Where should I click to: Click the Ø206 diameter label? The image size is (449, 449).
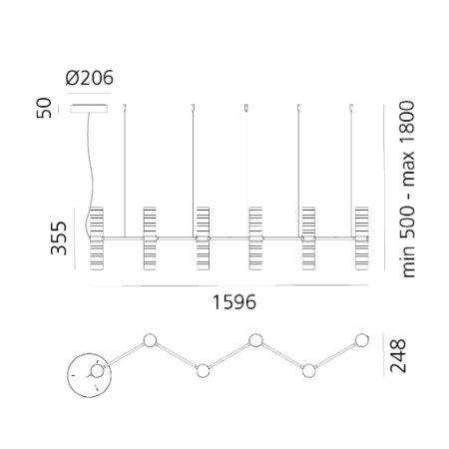coord(90,78)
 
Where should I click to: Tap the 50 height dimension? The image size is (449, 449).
coord(44,108)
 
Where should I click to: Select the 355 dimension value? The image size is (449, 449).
coord(59,238)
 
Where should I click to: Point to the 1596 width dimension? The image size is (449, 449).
coord(234,302)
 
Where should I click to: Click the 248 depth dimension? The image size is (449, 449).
coord(398,355)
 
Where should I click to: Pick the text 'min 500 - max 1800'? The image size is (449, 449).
coord(407,189)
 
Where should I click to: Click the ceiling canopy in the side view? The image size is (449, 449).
coord(89,109)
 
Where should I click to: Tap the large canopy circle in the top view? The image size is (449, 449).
coord(89,375)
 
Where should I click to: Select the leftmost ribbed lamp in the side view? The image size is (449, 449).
coord(97,238)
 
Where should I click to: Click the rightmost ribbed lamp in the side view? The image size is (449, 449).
coord(361,238)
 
